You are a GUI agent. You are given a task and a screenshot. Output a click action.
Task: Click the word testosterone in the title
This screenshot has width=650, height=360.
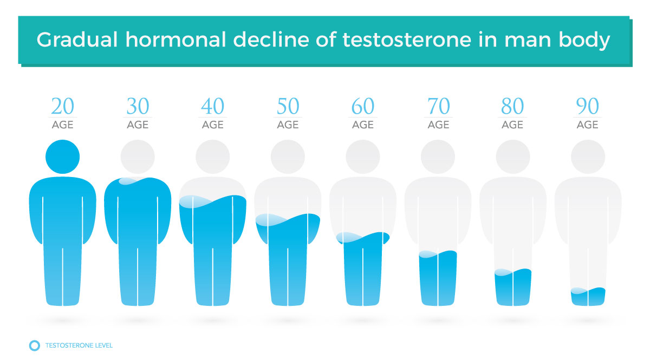[407, 40]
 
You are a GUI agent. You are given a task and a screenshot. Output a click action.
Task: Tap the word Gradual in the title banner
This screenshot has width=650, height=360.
[77, 40]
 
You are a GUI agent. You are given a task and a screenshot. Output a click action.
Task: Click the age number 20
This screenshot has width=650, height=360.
[62, 106]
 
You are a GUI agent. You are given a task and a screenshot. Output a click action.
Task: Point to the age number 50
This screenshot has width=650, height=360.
[288, 106]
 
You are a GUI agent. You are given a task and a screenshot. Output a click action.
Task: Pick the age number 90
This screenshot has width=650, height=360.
[587, 106]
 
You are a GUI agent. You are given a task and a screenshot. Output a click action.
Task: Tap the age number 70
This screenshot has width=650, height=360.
[438, 106]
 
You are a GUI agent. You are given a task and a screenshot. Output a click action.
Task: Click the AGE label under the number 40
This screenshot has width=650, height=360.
[213, 125]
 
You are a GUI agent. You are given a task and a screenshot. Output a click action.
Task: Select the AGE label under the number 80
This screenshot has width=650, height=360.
[512, 125]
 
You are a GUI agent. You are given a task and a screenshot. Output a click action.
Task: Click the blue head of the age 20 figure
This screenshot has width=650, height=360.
[62, 156]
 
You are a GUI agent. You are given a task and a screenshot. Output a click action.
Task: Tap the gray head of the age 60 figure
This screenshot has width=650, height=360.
[363, 156]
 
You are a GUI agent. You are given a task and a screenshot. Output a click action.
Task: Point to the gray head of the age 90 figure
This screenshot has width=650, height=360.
[588, 156]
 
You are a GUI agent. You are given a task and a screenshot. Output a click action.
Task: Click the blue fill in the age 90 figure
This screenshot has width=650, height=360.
[588, 297]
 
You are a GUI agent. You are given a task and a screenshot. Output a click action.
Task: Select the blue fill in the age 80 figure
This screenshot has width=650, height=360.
[513, 287]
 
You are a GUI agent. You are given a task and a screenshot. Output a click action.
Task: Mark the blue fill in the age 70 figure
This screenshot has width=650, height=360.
[438, 278]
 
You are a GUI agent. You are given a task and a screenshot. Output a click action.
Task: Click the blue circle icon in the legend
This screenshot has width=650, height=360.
[35, 345]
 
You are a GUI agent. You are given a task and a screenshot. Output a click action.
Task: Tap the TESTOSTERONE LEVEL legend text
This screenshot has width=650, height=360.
[79, 345]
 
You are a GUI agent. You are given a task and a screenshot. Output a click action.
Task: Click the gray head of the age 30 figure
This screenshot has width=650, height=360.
[138, 156]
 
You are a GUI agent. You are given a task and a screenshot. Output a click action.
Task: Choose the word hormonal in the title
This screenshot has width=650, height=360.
[175, 40]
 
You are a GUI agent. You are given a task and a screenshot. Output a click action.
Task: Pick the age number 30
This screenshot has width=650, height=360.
[138, 106]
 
